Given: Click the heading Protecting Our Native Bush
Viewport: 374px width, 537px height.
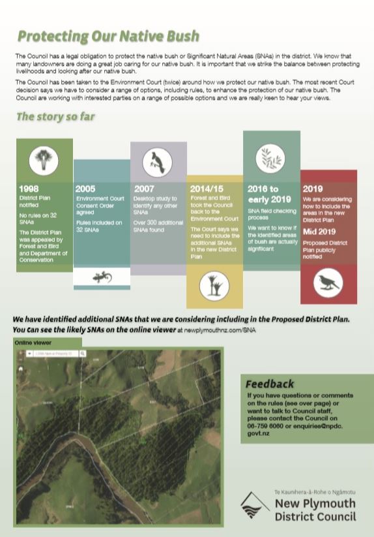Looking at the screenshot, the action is click(x=108, y=37).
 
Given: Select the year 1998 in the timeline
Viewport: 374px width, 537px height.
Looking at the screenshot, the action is click(x=29, y=189).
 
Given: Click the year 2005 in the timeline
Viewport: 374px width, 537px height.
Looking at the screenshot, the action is click(x=85, y=189).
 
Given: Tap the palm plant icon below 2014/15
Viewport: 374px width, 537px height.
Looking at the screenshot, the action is click(x=214, y=285).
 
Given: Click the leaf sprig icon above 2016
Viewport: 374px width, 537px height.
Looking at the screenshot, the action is click(x=271, y=157).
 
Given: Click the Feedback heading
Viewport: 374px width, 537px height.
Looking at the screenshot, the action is click(x=270, y=384).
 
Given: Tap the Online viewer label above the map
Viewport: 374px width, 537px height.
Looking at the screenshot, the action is click(x=33, y=341).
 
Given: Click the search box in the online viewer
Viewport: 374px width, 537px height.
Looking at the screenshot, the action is click(x=55, y=354).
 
